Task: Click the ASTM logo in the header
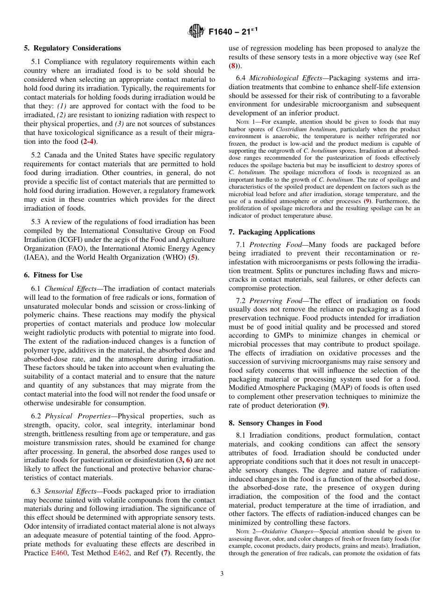tap(196, 31)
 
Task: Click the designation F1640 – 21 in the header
tap(233, 32)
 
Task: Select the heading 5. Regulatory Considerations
tap(72, 48)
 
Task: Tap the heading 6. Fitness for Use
tap(53, 275)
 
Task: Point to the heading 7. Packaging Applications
tap(272, 232)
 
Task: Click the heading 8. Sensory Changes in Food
tap(275, 423)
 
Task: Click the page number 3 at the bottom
tap(222, 573)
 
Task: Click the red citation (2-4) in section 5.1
tap(89, 141)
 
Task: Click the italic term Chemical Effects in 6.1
tap(70, 289)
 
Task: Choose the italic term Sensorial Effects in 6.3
tap(72, 491)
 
